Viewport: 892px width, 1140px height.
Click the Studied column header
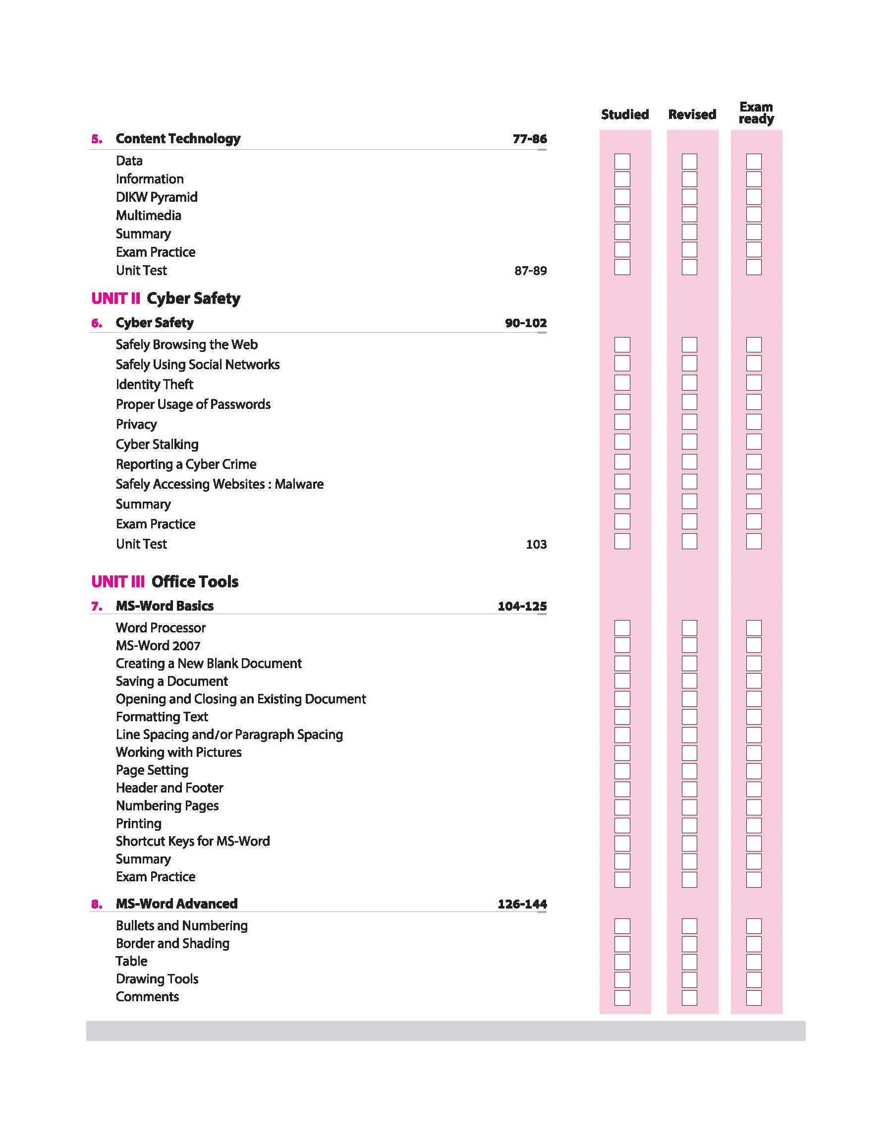(624, 114)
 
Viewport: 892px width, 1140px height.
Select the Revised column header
(692, 114)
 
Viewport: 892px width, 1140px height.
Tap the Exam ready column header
(756, 113)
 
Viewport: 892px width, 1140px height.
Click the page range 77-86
(530, 139)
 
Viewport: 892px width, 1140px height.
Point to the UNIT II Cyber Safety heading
(166, 298)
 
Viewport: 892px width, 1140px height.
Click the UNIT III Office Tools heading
(165, 581)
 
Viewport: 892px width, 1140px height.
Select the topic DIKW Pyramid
(157, 197)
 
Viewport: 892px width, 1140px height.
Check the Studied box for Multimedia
(622, 215)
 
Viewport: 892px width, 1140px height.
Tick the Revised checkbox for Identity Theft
(689, 383)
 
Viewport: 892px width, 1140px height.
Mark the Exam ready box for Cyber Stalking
(754, 442)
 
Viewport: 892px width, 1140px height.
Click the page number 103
(536, 544)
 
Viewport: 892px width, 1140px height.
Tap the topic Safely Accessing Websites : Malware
(220, 484)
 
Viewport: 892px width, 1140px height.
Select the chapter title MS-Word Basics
(165, 606)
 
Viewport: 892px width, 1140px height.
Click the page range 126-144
(522, 904)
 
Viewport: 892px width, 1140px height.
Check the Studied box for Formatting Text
(622, 717)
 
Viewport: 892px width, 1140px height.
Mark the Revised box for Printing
(689, 826)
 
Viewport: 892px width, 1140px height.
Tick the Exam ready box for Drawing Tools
(754, 980)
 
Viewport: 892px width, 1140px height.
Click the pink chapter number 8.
(97, 904)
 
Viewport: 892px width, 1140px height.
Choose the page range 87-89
(531, 271)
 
